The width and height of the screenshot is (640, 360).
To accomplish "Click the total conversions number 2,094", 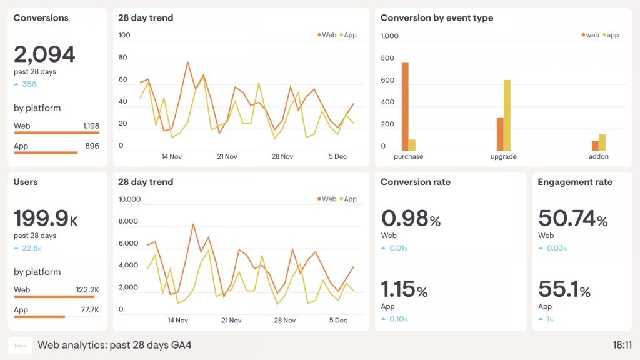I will (44, 55).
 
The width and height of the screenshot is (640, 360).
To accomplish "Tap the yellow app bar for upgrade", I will (507, 115).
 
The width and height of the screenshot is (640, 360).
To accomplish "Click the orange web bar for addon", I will (595, 146).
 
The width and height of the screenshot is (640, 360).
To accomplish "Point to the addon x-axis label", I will (598, 156).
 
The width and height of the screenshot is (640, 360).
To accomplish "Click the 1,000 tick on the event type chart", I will (389, 36).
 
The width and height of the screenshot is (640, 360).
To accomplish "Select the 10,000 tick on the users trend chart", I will (129, 199).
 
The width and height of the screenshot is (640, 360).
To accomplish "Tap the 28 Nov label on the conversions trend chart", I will (282, 156).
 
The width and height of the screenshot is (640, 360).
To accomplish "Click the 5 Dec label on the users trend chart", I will (337, 321).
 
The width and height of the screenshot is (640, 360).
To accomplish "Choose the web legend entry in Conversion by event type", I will (589, 35).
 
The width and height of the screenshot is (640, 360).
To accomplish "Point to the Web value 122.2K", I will (87, 290).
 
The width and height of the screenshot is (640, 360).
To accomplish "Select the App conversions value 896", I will (92, 146).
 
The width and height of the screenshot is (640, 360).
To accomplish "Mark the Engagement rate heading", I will (575, 182).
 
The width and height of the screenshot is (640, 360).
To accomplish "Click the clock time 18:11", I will (622, 345).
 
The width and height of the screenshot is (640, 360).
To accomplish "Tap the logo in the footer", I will (20, 345).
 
